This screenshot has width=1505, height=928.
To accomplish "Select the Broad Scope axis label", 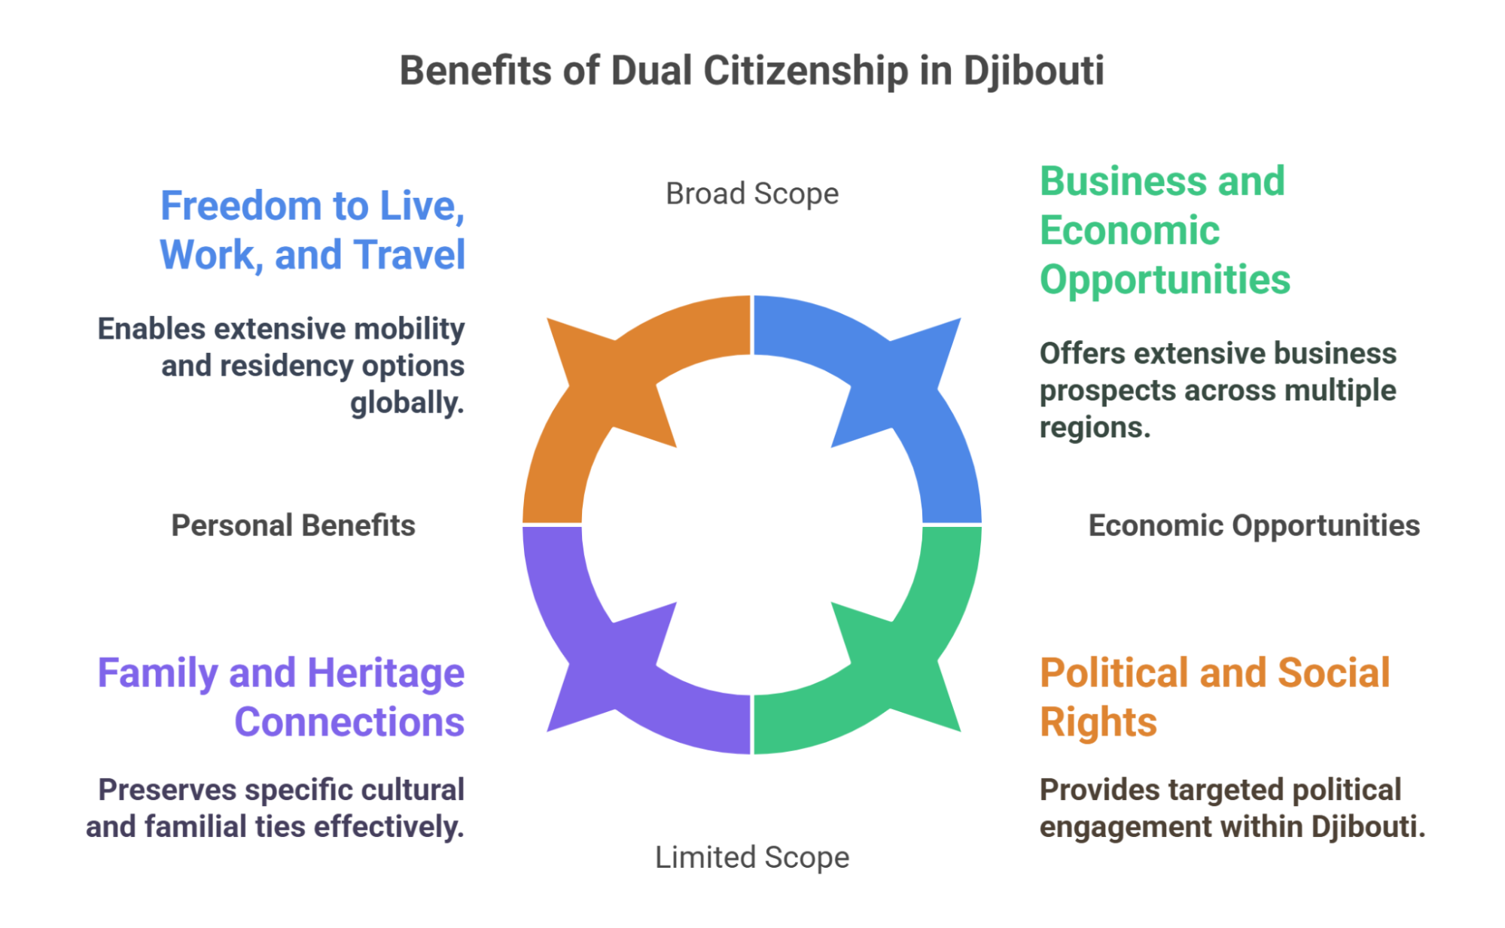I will pos(751,194).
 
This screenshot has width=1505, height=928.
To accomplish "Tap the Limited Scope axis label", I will pos(751,857).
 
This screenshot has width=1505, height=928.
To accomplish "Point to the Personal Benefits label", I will pos(293,525).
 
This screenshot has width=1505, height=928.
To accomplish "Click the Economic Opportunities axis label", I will pos(1254,525).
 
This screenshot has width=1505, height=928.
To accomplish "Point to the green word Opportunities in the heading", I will pos(1165,280).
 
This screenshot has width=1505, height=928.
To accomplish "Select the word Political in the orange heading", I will pos(1114,673).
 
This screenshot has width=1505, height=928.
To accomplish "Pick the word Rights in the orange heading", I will pos(1098,723).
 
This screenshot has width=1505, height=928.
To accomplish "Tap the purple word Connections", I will pos(349,723).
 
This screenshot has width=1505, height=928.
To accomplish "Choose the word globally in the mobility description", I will pos(407,403).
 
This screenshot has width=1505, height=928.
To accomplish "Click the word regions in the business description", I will pos(1095,427).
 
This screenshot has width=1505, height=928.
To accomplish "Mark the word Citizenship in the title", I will pos(806,72).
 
